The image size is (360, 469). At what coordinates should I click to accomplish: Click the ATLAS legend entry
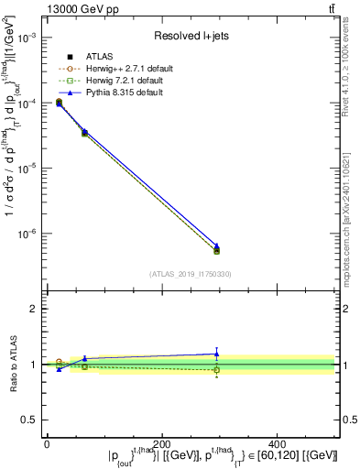point(103,57)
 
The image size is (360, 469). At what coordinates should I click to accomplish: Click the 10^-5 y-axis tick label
point(28,169)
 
